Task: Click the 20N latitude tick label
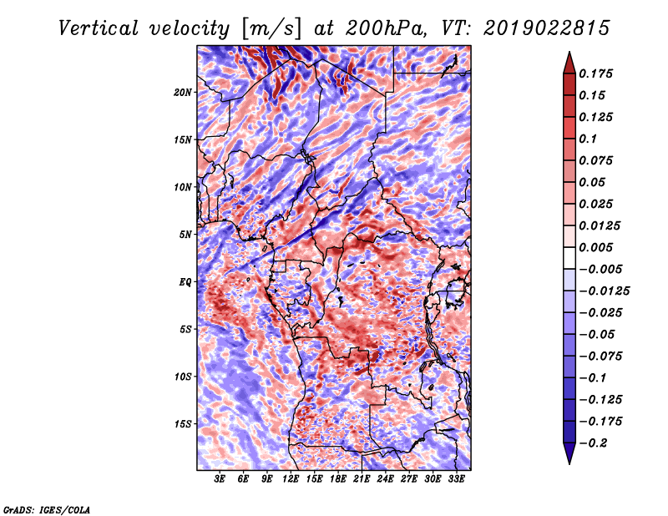pyautogui.click(x=183, y=93)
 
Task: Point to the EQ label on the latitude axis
pyautogui.click(x=185, y=282)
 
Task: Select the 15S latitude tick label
pyautogui.click(x=183, y=424)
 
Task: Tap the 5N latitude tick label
pyautogui.click(x=185, y=235)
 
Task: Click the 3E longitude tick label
pyautogui.click(x=220, y=479)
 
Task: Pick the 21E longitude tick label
pyautogui.click(x=362, y=479)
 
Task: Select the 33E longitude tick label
pyautogui.click(x=456, y=479)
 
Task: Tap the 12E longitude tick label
pyautogui.click(x=291, y=479)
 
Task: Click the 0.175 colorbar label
pyautogui.click(x=595, y=73)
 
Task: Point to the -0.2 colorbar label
pyautogui.click(x=593, y=443)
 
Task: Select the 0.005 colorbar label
pyautogui.click(x=595, y=247)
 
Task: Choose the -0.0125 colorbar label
pyautogui.click(x=604, y=291)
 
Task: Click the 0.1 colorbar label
pyautogui.click(x=588, y=139)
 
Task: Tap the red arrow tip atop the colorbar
pyautogui.click(x=569, y=52)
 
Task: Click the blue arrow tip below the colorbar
pyautogui.click(x=569, y=463)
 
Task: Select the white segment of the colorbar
pyautogui.click(x=569, y=258)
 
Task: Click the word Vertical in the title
pyautogui.click(x=99, y=28)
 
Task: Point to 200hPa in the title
pyautogui.click(x=385, y=28)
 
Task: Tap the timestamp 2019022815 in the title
pyautogui.click(x=547, y=28)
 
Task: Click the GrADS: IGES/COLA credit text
pyautogui.click(x=47, y=509)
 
